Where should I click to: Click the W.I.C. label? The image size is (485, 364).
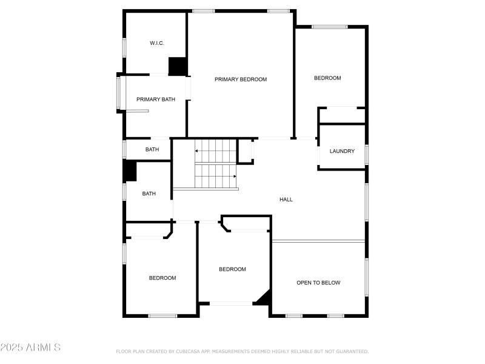157,43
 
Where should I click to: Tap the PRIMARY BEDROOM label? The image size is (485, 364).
241,79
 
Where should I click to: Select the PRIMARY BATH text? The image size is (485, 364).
156,99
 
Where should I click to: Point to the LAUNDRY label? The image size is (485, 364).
342,151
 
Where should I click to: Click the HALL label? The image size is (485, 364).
286,199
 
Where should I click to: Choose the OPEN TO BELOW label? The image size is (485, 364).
318,283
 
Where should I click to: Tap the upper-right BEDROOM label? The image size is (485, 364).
327,78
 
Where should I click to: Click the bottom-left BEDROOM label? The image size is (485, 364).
162,278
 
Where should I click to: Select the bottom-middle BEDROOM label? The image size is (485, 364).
233,269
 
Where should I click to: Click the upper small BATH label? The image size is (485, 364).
152,149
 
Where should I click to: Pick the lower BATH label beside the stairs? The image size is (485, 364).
149,194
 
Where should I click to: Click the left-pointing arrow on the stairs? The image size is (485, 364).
197,150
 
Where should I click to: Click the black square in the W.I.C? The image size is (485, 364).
177,66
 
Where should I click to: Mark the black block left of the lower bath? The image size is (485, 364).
130,170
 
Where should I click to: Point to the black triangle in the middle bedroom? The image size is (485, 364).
264,297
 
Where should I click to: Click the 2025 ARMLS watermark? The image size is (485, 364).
30,348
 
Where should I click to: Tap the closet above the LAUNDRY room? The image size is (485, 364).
341,115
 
